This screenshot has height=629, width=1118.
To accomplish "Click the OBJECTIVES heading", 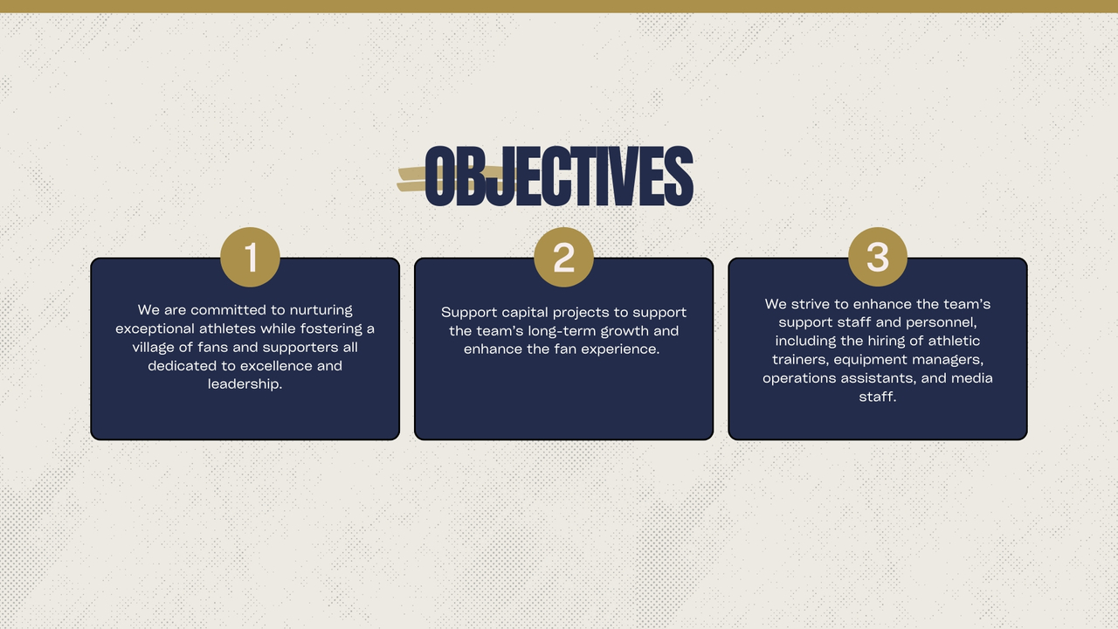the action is pyautogui.click(x=559, y=176).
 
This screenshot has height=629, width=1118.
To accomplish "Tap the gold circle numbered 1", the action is pyautogui.click(x=250, y=257).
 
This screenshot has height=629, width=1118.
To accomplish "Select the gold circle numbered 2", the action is pyautogui.click(x=563, y=257).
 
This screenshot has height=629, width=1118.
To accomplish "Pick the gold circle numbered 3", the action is pyautogui.click(x=878, y=257).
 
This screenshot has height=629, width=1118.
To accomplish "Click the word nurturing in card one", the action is pyautogui.click(x=321, y=310).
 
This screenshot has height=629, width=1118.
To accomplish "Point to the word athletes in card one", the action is pyautogui.click(x=227, y=328).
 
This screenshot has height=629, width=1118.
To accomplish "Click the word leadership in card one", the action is pyautogui.click(x=245, y=384).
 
